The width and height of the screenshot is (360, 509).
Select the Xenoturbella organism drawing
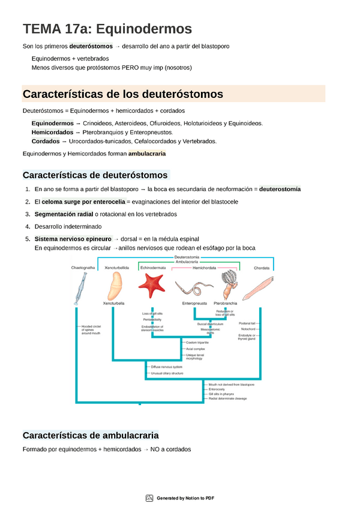click(115, 285)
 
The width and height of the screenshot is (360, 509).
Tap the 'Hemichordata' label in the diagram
click(206, 268)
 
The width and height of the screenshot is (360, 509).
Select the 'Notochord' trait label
click(265, 329)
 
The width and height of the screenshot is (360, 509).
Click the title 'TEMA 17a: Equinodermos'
click(107, 29)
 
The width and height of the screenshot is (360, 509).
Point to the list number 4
click(28, 226)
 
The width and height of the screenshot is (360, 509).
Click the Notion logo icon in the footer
click(149, 498)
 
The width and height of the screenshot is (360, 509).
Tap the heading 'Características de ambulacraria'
click(91, 435)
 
